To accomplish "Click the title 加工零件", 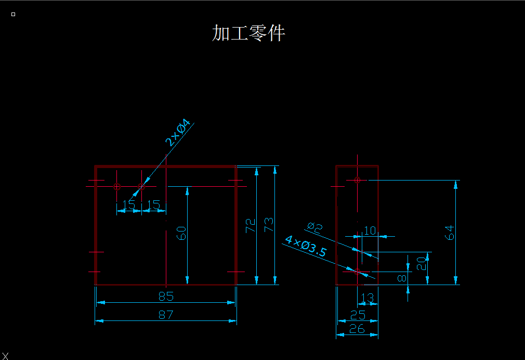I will coord(248,33).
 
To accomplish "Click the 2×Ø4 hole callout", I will coord(178,133).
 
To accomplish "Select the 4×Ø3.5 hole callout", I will coord(306,246).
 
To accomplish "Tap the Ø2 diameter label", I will coord(315,227).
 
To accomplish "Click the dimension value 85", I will coord(166,297).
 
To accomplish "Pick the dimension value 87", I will coord(166,314).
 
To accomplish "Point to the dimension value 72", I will coord(251,225).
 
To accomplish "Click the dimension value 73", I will coord(269,225).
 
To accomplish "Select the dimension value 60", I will coord(181,233).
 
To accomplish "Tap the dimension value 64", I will coord(450,233).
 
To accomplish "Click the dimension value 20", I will coord(422,263).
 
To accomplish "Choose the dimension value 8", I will coord(401,278).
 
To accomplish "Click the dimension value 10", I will coord(370,230).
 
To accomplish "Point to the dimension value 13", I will coord(367,298).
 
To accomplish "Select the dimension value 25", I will coord(358,315).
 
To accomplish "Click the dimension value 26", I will coord(358,329).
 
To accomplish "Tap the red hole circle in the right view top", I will coord(357,180).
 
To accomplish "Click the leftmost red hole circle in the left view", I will coord(117,186).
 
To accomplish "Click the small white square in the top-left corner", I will coord(13,15).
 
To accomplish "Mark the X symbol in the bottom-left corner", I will coord(5,355).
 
